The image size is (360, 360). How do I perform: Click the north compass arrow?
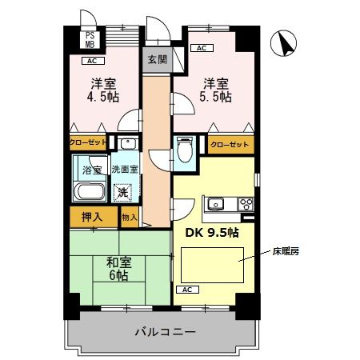282,43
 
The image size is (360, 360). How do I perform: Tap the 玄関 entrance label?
155,59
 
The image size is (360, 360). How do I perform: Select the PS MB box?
90,39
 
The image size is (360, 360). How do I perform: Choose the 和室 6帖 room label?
120,267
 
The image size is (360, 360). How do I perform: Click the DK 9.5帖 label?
213,234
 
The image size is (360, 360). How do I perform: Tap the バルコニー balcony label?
165,331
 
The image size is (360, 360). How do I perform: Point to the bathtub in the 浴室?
88,193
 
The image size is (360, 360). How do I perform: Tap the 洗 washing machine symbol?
122,192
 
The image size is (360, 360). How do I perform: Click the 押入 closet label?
92,216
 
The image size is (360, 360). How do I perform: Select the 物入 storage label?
129,217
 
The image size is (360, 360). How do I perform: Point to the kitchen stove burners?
245,203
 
